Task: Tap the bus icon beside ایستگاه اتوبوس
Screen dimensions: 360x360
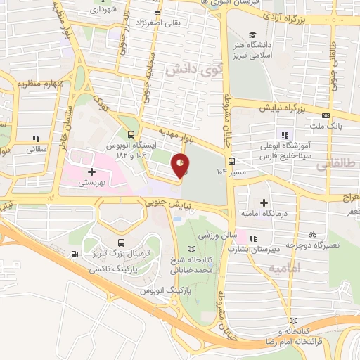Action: (x=131, y=134)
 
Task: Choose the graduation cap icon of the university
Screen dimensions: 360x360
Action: (x=252, y=35)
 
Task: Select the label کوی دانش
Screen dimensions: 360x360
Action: (x=188, y=72)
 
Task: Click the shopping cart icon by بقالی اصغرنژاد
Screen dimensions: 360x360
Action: (x=158, y=13)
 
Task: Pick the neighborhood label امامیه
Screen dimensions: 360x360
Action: (x=304, y=268)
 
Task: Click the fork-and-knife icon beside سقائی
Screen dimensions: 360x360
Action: (x=35, y=139)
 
